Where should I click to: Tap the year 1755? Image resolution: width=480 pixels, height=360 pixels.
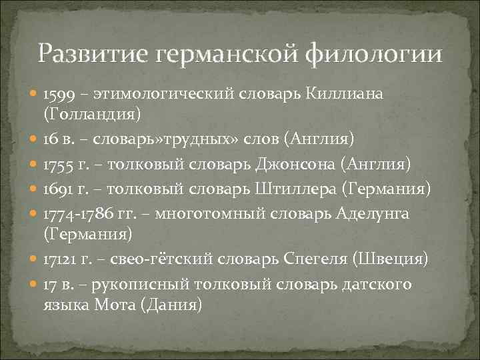[x=57, y=165]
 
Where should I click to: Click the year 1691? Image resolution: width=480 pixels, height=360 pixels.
[x=57, y=189]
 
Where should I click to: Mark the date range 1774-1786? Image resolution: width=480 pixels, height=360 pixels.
[x=77, y=214]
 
